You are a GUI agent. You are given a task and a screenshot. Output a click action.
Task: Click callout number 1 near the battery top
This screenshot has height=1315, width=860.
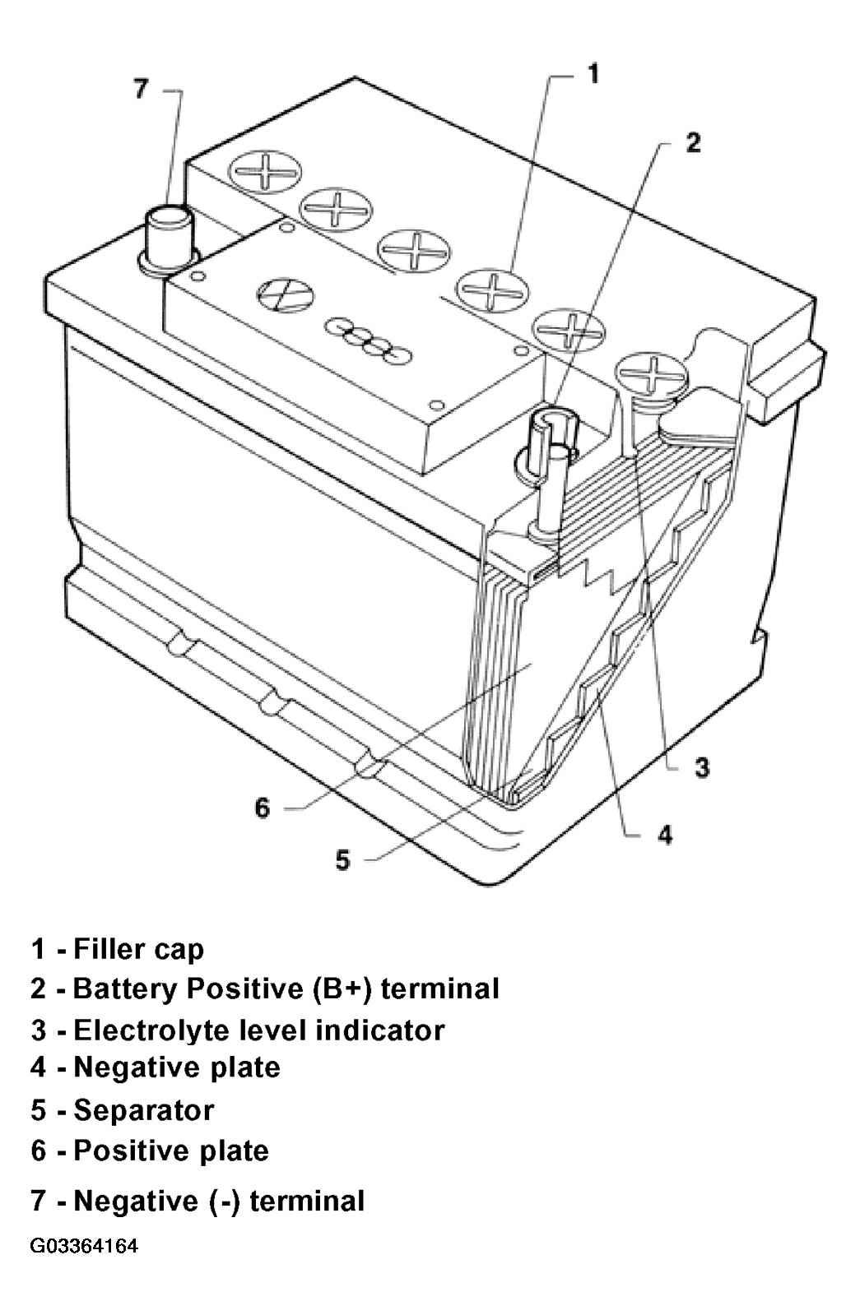coord(593,75)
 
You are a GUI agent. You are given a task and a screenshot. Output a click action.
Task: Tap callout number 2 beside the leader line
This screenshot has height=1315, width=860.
coord(693,142)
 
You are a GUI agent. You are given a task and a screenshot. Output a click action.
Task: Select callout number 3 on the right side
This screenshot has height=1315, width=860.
coord(702,767)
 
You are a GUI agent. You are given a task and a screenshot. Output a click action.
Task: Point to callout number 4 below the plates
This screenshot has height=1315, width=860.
coord(664,834)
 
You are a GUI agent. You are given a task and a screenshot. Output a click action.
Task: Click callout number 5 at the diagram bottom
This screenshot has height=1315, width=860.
coord(343,860)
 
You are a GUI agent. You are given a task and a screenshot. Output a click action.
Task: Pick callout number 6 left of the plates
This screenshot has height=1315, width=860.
coord(262,808)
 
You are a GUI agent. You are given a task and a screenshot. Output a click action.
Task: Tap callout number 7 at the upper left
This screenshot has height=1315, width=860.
coord(141,90)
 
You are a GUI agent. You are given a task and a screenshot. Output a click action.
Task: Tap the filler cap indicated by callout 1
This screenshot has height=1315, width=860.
coord(492,290)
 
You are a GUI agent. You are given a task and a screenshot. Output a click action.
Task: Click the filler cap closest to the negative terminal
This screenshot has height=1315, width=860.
coord(266,171)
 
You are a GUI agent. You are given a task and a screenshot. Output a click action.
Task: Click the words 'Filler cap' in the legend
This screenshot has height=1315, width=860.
coord(138,950)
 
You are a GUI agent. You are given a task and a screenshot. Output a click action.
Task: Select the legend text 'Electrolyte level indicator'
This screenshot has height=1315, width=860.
coord(259,1030)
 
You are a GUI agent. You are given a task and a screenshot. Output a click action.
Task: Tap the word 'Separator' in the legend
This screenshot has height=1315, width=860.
coord(144,1110)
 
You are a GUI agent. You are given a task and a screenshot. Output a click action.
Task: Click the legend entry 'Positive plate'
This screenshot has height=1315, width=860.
coord(171,1151)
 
